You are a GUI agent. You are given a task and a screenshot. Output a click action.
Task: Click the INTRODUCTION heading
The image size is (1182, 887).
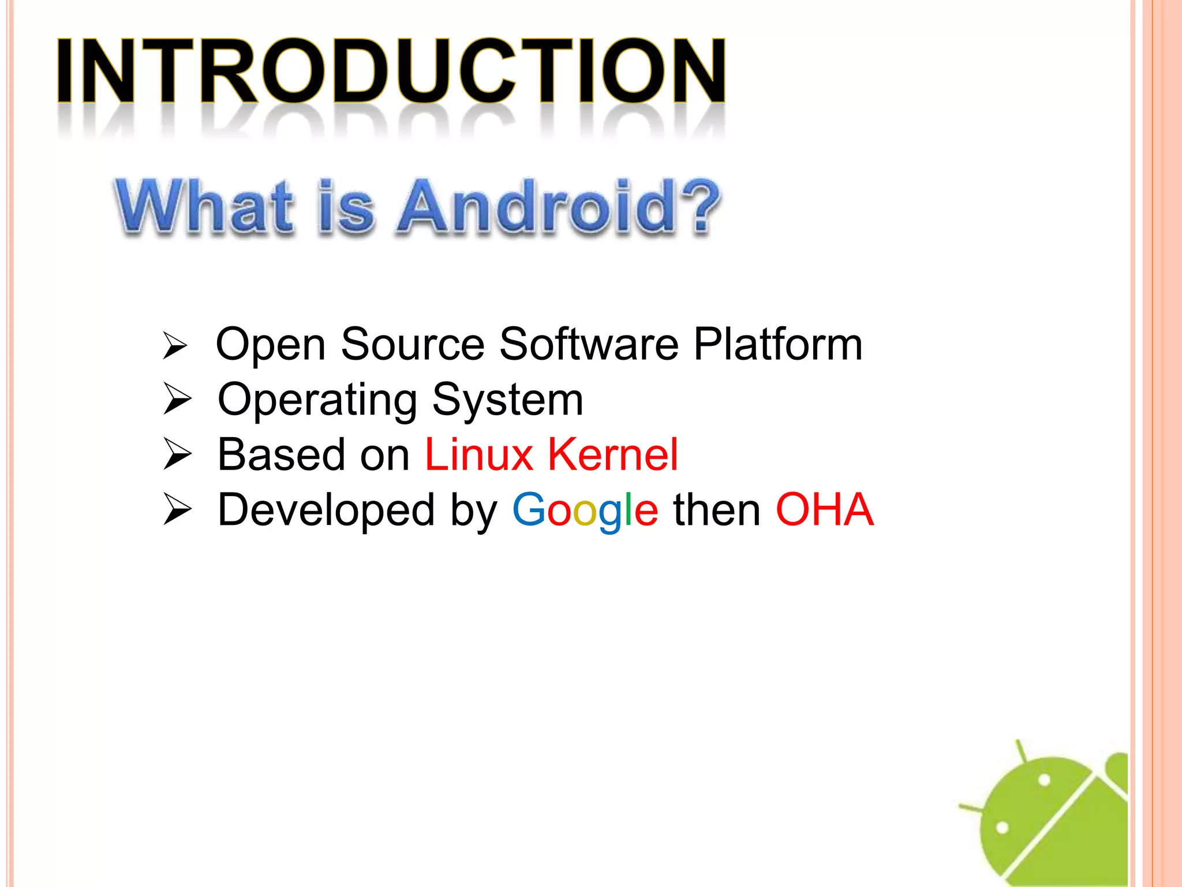[390, 70]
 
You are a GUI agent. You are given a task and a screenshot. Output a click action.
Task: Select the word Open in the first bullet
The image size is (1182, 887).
[270, 345]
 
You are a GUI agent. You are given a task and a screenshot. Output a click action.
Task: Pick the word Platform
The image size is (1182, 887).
[777, 344]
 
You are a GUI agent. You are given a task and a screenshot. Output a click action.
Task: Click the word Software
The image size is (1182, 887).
[589, 344]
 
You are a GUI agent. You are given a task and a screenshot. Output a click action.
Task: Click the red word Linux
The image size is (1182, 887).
[478, 455]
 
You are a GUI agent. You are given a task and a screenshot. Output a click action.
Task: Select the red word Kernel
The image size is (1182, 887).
[612, 455]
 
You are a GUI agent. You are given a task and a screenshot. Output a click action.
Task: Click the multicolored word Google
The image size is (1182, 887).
[585, 510]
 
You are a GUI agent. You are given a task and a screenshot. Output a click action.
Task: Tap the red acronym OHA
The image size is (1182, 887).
[824, 510]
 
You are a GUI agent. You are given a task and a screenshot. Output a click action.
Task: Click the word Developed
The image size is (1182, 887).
[326, 510]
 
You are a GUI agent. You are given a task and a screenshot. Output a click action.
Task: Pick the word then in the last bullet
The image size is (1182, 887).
[717, 510]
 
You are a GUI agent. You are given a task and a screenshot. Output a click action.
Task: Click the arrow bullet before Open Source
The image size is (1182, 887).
[175, 345]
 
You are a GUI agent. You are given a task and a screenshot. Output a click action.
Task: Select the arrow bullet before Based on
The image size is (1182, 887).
[177, 454]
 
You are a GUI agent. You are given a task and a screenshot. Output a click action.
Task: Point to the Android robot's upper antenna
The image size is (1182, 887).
[1021, 751]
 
